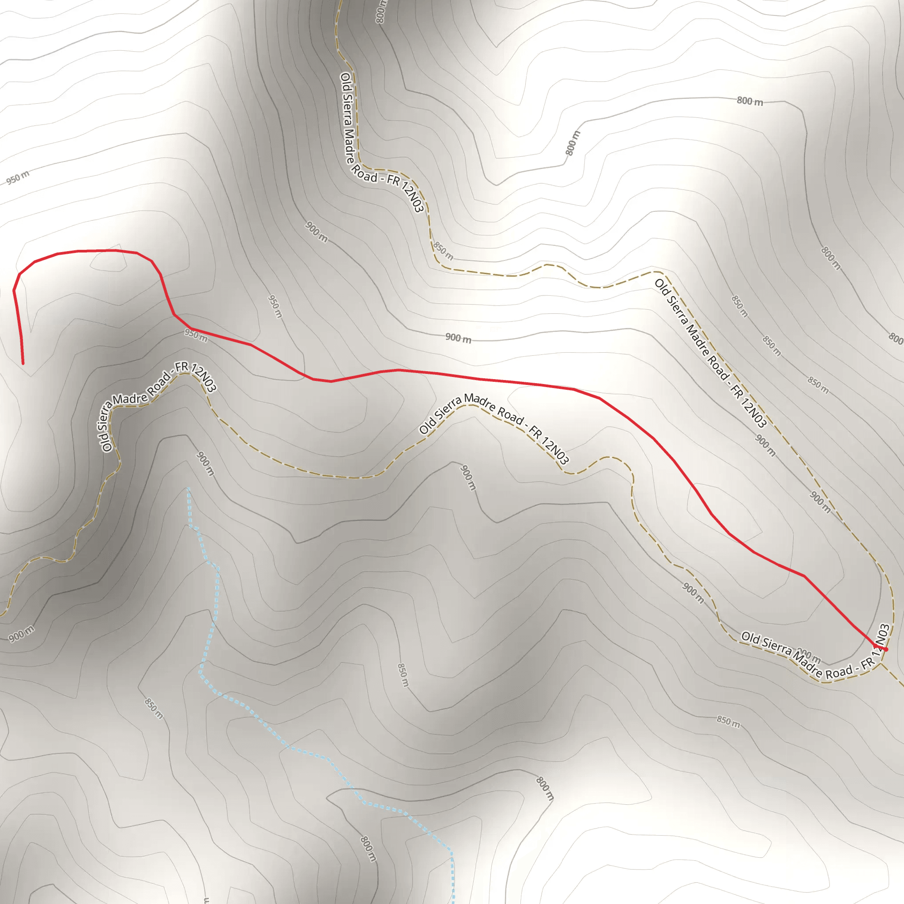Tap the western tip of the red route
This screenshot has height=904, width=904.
coord(23,363)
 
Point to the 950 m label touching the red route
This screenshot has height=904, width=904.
coord(196,335)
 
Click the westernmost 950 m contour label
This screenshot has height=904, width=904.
coord(18,177)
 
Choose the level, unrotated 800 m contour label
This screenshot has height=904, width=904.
coord(750,101)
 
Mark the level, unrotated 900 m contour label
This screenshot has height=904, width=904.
coord(458,338)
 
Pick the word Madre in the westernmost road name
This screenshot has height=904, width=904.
coord(130,399)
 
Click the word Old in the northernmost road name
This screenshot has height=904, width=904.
coord(346,80)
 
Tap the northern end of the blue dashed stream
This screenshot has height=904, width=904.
coord(188,489)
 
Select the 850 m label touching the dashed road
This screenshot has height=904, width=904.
coord(442,251)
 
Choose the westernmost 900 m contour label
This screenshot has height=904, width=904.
coord(22,633)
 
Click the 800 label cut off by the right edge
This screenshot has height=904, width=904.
coord(896,338)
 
